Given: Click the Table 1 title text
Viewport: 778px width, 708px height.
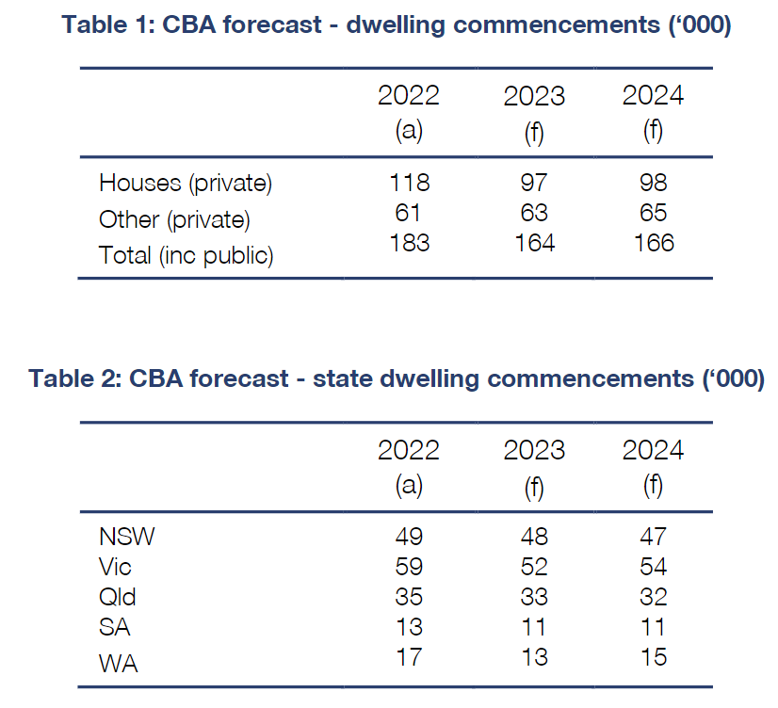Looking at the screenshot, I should (397, 24).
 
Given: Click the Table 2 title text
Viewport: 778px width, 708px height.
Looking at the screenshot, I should (397, 378).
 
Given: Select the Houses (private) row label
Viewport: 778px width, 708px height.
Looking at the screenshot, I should (186, 183).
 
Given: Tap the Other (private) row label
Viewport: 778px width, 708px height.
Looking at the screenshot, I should (174, 219).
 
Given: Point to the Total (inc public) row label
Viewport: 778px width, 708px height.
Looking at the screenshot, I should (186, 255).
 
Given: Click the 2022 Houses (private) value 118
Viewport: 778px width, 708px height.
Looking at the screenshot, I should (408, 182).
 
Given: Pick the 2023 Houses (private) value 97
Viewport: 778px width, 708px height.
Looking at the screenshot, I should (534, 182).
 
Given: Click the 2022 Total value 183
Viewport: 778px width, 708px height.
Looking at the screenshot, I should (408, 242).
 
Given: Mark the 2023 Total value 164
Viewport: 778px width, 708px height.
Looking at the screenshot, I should (534, 242).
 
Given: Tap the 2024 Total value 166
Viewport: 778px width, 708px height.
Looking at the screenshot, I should (653, 242).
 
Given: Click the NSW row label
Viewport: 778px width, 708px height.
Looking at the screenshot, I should (127, 537).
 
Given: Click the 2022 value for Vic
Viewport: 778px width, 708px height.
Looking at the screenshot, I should (408, 567).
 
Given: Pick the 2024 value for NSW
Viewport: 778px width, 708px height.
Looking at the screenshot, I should (653, 537).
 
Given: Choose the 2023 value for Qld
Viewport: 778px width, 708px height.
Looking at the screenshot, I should (534, 597).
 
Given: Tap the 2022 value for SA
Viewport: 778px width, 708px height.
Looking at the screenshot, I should (408, 627).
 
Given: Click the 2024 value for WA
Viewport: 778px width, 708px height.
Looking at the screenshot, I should (653, 656).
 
